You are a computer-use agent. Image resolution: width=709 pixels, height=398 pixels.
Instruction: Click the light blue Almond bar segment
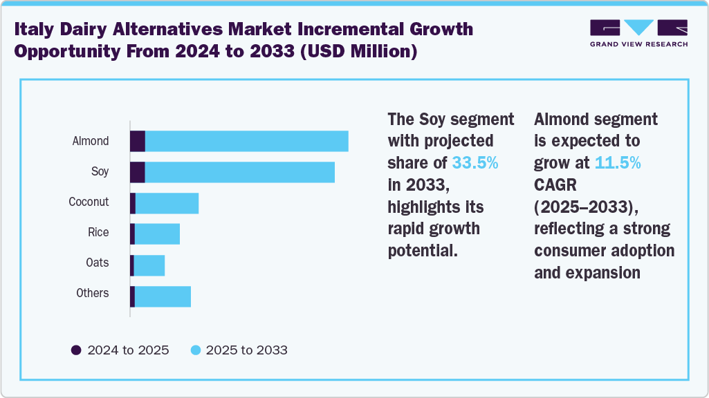[246, 141]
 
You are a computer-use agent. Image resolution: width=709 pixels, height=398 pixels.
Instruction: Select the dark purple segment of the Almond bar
[138, 141]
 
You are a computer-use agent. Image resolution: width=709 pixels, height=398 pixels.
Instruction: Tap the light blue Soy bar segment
[239, 172]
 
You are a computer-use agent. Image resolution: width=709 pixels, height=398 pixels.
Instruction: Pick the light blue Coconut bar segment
[167, 203]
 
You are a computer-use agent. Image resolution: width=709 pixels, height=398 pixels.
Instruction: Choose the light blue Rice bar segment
[157, 234]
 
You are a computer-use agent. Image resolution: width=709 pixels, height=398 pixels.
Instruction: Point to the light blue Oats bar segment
[149, 265]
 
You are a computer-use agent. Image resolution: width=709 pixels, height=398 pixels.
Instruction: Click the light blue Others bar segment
[163, 296]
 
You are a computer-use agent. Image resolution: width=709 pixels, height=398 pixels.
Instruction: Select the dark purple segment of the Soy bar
[138, 172]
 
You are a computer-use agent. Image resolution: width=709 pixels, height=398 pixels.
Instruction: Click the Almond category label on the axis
[91, 141]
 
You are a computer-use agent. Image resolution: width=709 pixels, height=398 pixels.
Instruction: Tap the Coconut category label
[89, 202]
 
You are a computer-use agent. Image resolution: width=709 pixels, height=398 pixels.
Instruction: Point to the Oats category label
[98, 263]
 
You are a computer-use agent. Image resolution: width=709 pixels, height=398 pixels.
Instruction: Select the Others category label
[93, 293]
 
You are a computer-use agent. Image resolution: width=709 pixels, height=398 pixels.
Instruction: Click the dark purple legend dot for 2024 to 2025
[76, 350]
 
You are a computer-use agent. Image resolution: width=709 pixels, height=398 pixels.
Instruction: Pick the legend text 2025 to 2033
[247, 350]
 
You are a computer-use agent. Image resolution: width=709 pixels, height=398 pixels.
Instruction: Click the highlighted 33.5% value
[475, 163]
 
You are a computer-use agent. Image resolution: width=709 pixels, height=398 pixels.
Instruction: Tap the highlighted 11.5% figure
[617, 163]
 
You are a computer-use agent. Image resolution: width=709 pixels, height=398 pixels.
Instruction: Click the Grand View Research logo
[638, 32]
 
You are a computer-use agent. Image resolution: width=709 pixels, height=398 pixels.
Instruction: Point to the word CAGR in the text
[555, 185]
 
